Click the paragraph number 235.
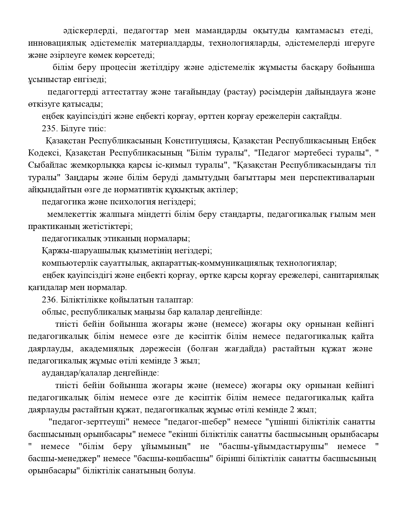click(49, 129)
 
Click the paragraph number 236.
click(49, 300)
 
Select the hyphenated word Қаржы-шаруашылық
click(83, 251)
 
